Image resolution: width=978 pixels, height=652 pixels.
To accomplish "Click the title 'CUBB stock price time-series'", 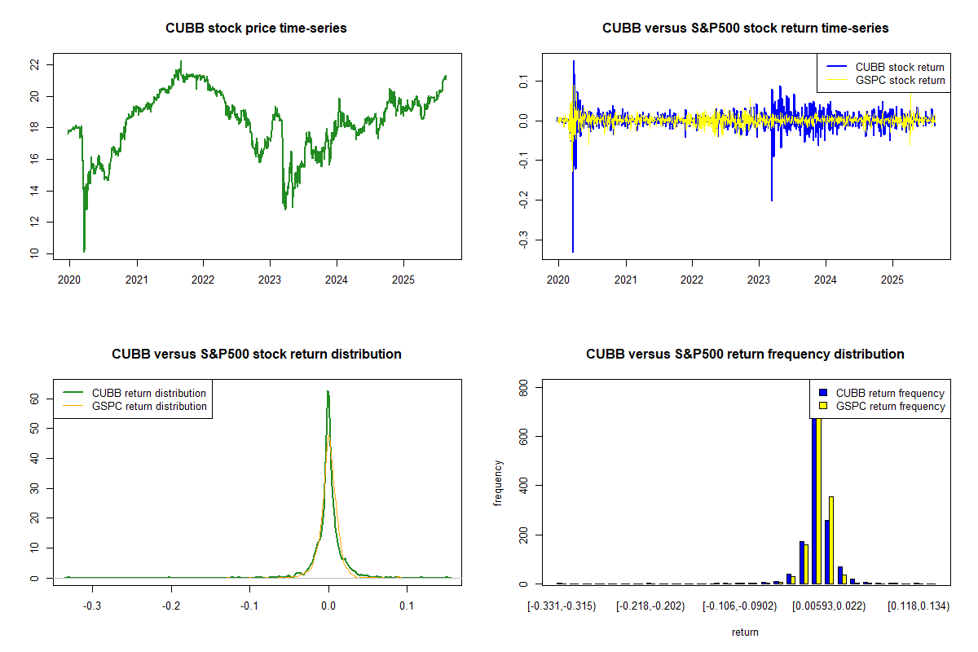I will (256, 29).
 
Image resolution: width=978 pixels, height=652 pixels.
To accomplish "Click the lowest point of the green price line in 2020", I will (84, 251).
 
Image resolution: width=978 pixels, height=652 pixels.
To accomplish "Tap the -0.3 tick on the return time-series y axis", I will (521, 240).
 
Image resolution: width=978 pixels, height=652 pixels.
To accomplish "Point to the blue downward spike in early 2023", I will (772, 199).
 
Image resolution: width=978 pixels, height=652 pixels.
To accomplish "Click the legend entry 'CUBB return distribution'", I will (149, 393).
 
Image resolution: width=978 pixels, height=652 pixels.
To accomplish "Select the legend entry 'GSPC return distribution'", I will (149, 406).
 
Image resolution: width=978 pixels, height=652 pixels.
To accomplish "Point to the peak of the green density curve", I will (328, 392).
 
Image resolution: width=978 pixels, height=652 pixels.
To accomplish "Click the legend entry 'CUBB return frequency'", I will (890, 393).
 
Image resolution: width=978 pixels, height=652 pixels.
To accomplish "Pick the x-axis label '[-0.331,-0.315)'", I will (562, 606).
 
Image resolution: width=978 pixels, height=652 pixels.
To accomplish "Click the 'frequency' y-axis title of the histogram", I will (500, 483).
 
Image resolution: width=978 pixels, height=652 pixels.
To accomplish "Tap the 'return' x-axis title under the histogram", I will (745, 632).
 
